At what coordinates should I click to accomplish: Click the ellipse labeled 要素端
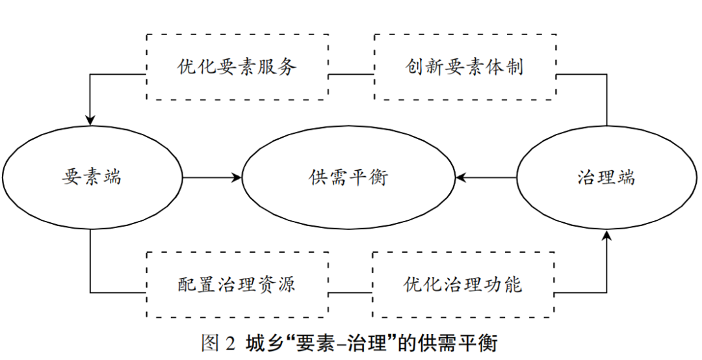[x=92, y=177]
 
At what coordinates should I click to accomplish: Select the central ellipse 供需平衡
[x=348, y=177]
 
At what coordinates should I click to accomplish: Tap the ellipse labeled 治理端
[x=606, y=177]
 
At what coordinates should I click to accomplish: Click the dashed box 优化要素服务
[x=237, y=67]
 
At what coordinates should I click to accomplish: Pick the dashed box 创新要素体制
[x=465, y=67]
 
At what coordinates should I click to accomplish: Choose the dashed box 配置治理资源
[x=237, y=285]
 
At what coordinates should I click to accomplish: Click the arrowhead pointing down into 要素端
[x=90, y=120]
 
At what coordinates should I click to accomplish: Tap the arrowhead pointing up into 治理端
[x=606, y=236]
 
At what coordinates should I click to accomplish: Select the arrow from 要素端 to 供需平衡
[x=211, y=177]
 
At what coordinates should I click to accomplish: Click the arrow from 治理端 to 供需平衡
[x=486, y=177]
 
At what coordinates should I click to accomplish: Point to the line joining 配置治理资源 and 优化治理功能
[x=350, y=292]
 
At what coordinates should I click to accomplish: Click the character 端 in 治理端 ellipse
[x=626, y=177]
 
